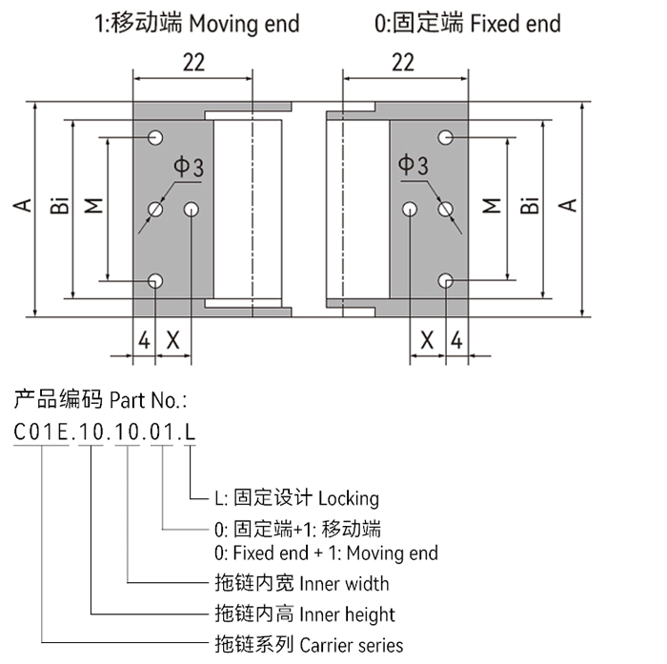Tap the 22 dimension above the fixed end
point(403,63)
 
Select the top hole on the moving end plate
point(155,137)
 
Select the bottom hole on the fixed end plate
point(445,280)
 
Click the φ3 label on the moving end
point(187,168)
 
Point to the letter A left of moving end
point(20,205)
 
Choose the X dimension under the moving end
point(173,338)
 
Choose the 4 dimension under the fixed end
point(456,338)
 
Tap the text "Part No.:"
point(148,398)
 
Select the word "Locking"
point(348,498)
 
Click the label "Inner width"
point(344,583)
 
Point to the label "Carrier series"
point(351,645)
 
